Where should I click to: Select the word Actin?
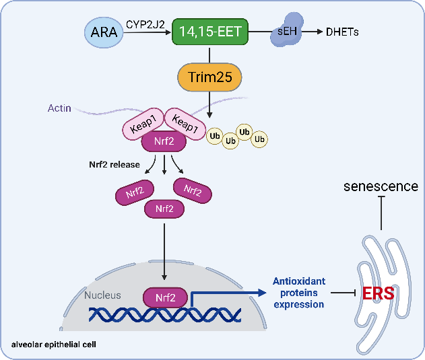pos(60,108)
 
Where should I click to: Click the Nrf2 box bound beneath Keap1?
pos(164,143)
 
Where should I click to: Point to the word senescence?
pos(381,186)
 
